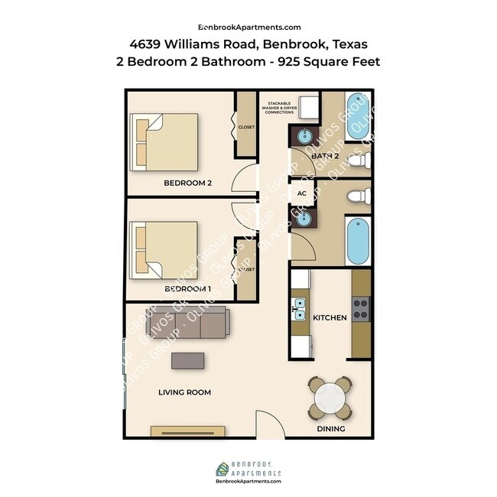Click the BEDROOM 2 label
pyautogui.click(x=187, y=183)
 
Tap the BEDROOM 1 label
pyautogui.click(x=187, y=289)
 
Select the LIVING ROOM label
pyautogui.click(x=184, y=392)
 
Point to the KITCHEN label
pyautogui.click(x=330, y=317)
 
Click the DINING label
pyautogui.click(x=331, y=429)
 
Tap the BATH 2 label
pyautogui.click(x=325, y=156)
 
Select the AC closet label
pyautogui.click(x=301, y=193)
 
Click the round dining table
pyautogui.click(x=331, y=398)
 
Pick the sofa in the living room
pyautogui.click(x=187, y=323)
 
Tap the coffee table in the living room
pyautogui.click(x=188, y=360)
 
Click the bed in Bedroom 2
pyautogui.click(x=164, y=141)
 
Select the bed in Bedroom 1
pyautogui.click(x=164, y=249)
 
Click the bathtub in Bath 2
pyautogui.click(x=356, y=116)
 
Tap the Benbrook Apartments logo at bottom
pyautogui.click(x=248, y=469)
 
